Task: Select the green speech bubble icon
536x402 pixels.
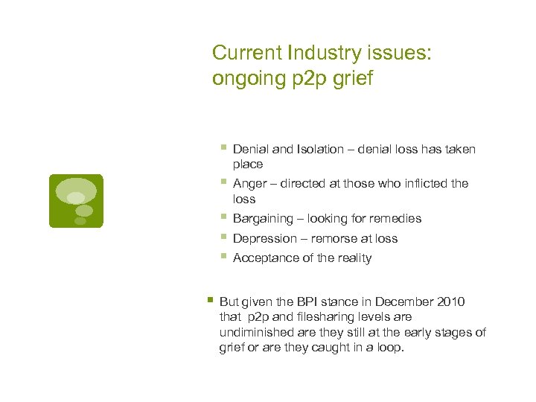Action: [76, 200]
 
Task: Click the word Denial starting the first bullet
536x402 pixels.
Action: [251, 150]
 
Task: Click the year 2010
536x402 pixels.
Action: [450, 301]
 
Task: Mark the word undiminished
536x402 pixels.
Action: [257, 332]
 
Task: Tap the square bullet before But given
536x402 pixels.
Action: [210, 300]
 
